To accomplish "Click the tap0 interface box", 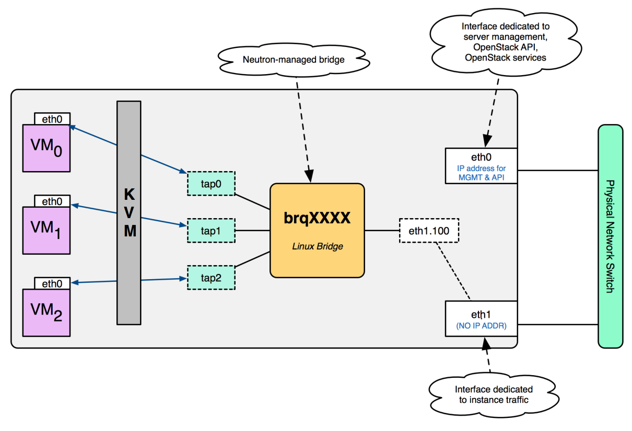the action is pyautogui.click(x=211, y=184).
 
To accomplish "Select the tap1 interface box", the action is pyautogui.click(x=211, y=231).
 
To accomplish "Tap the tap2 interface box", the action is pyautogui.click(x=211, y=278).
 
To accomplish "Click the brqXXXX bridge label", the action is pyautogui.click(x=317, y=218).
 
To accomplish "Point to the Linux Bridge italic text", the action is pyautogui.click(x=318, y=246).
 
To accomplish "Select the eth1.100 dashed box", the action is pyautogui.click(x=429, y=231).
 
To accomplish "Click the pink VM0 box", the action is pyautogui.click(x=46, y=148).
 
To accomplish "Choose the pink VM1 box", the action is pyautogui.click(x=46, y=231).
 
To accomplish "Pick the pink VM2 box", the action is pyautogui.click(x=46, y=313).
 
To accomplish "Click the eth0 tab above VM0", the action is pyautogui.click(x=52, y=118).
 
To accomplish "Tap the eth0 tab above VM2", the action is pyautogui.click(x=52, y=283).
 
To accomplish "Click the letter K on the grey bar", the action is pyautogui.click(x=130, y=194).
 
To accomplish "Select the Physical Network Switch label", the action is pyautogui.click(x=610, y=236).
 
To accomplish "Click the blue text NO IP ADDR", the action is pyautogui.click(x=482, y=326).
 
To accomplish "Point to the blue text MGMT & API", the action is pyautogui.click(x=482, y=177).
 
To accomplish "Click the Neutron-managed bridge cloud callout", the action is pyautogui.click(x=294, y=60).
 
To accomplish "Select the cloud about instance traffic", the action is pyautogui.click(x=494, y=394).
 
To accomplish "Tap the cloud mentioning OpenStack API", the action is pyautogui.click(x=506, y=42).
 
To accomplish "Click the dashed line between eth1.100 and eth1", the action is pyautogui.click(x=453, y=271).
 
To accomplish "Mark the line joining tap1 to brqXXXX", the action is pyautogui.click(x=252, y=231).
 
